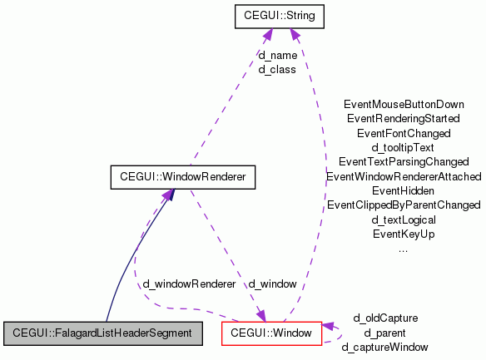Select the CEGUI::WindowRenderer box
pos(182,176)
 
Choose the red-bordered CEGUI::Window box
pos(271,333)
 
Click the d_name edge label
pos(277,56)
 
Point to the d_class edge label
pos(277,70)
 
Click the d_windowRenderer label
pos(189,284)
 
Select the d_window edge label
pos(272,284)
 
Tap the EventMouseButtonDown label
pos(404,105)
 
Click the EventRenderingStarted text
pos(404,119)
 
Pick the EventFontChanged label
pos(404,133)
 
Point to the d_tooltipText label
pos(404,147)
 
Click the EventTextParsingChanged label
pos(404,161)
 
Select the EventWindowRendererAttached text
pos(404,176)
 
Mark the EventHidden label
pos(404,190)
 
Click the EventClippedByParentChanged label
pos(404,205)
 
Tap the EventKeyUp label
pos(404,234)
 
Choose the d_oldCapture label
pos(385,318)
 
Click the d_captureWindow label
pos(385,347)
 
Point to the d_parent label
pos(385,333)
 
